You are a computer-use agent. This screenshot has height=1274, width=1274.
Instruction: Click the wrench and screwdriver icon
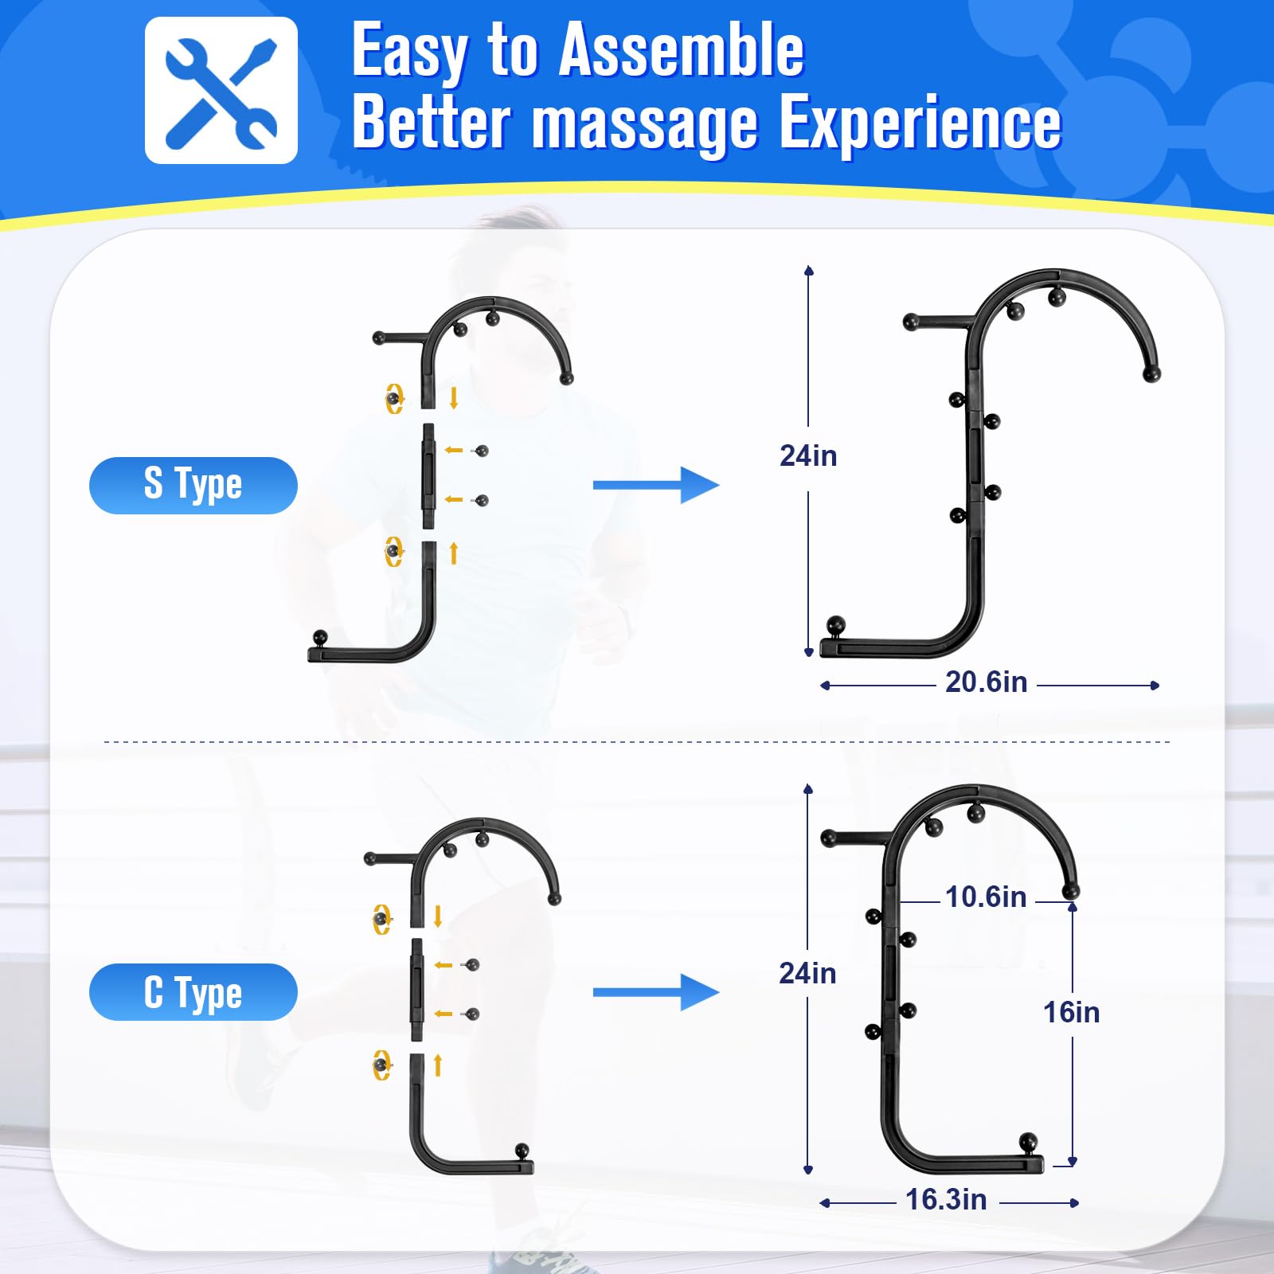pos(221,90)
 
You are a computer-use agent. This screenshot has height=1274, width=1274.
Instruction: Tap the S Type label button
pos(193,485)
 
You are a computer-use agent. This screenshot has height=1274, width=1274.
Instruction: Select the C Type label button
pos(193,992)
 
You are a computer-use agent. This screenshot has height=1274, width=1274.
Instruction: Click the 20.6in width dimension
pos(986,682)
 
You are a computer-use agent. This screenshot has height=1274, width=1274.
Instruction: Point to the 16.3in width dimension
pos(946,1199)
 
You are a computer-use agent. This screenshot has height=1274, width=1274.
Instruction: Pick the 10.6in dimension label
pos(986,897)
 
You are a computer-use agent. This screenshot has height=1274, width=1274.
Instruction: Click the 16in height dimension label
pos(1072,1013)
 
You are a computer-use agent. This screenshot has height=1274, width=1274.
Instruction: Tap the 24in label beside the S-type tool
pos(808,456)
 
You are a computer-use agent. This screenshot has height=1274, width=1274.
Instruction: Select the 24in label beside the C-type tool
pos(807,973)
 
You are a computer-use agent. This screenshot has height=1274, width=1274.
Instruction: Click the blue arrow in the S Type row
pos(656,485)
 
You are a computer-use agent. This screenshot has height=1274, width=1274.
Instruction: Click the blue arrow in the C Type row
pos(656,992)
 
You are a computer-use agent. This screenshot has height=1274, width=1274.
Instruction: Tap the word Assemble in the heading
pos(682,51)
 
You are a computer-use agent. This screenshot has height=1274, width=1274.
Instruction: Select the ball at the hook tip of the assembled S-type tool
pos(1151,373)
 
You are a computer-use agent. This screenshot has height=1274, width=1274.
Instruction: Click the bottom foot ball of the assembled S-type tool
pos(835,625)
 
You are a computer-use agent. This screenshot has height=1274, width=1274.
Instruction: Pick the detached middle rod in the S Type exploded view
pos(428,476)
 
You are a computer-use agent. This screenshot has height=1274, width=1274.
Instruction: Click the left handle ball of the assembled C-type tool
pos(829,838)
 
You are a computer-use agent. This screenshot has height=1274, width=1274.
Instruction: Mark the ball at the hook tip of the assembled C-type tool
pos(1071,890)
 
